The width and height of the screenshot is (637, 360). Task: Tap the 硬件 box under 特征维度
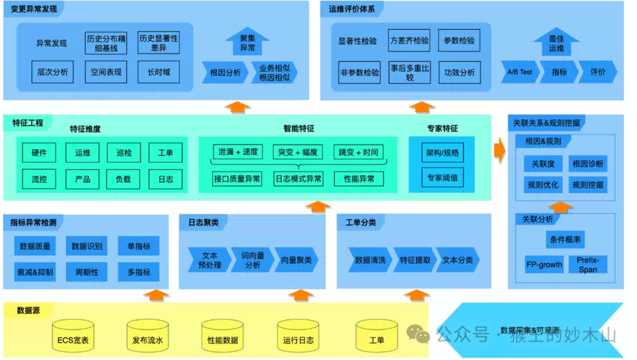(39, 153)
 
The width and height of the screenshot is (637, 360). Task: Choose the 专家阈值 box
(442, 177)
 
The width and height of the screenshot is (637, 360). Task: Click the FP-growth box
(544, 264)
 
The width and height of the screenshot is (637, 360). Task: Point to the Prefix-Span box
(587, 264)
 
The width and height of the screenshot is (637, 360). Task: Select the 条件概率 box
(565, 240)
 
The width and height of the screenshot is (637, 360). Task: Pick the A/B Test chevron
(519, 72)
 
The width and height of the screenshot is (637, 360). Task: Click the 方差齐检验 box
(409, 41)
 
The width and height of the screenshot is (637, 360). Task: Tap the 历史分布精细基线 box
(106, 42)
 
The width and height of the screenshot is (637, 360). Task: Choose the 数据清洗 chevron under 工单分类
(370, 260)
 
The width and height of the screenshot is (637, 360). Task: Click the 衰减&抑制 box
(35, 272)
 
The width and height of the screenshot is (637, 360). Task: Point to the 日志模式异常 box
(298, 178)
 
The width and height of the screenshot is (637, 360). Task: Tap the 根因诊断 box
(587, 163)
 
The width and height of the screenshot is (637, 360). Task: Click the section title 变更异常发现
(34, 9)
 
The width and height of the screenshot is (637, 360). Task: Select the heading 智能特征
(298, 128)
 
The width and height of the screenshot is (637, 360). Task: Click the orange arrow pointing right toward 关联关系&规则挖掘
(500, 151)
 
